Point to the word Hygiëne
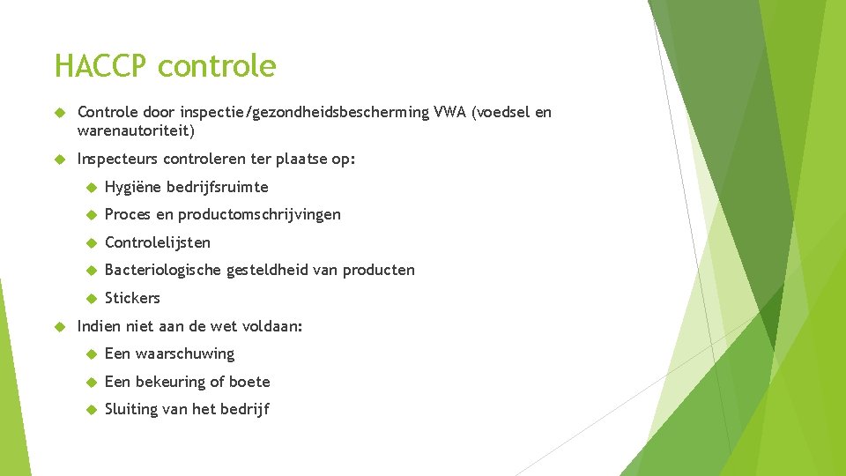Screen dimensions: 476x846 (x=132, y=187)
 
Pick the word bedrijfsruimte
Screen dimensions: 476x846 (x=217, y=187)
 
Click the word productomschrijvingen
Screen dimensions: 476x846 (x=259, y=214)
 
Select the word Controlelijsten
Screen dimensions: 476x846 (x=158, y=242)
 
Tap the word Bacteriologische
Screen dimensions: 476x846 (x=162, y=270)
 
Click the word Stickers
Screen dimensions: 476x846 (x=132, y=298)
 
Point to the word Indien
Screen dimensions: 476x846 (x=99, y=326)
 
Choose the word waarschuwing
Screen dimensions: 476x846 (x=185, y=353)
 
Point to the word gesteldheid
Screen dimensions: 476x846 (x=267, y=270)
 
